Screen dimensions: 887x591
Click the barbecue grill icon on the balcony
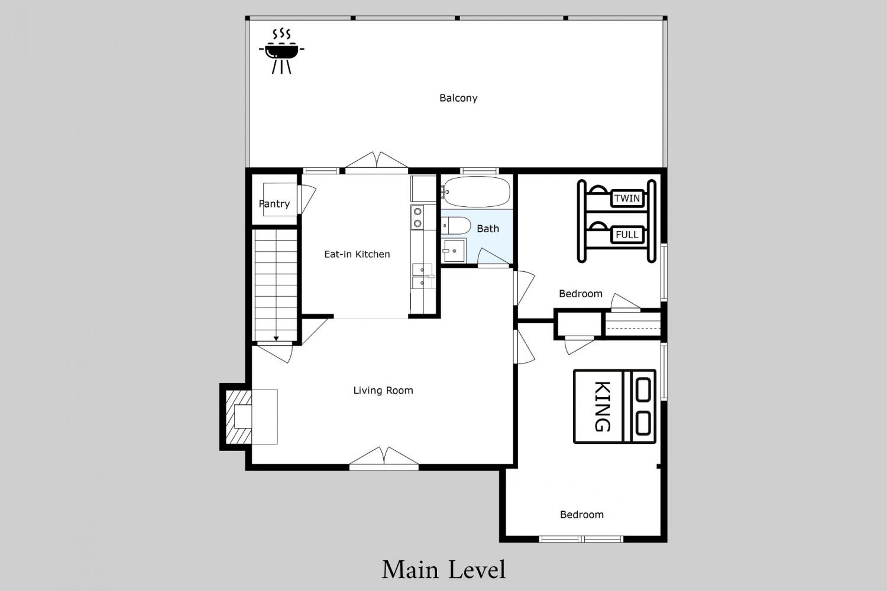tap(281, 51)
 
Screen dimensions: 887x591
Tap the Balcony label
tap(458, 98)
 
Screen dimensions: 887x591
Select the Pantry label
tap(274, 204)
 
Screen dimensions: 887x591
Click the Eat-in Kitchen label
tap(357, 254)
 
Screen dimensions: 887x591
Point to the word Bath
tap(487, 228)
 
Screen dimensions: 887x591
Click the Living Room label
tap(383, 390)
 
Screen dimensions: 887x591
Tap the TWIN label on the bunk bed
tap(627, 198)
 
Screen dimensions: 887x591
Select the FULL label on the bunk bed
tap(627, 235)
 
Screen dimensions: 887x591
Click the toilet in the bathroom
tap(456, 226)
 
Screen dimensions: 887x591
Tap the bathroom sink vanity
tap(454, 250)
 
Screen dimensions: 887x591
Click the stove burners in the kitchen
tap(417, 217)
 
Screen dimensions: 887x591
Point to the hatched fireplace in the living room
tap(238, 417)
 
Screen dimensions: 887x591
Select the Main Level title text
tap(444, 570)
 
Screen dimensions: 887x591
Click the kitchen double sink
tap(423, 277)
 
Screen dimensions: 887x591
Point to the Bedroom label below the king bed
tap(582, 515)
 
